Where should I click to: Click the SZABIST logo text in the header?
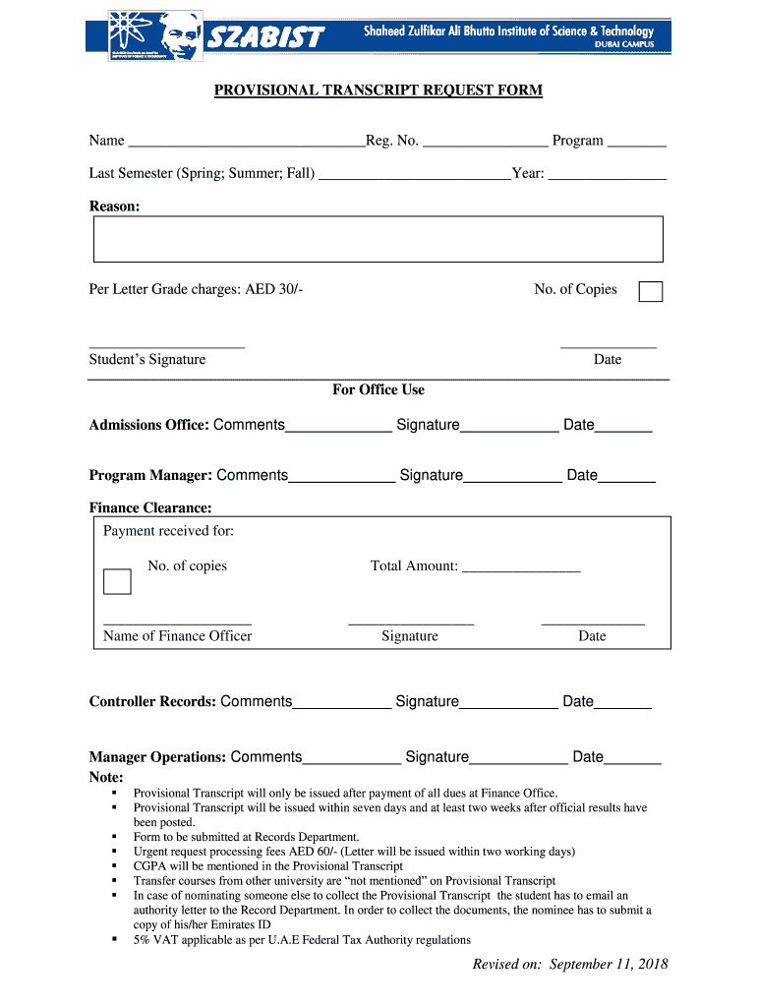[264, 37]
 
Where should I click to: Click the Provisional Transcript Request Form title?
[378, 90]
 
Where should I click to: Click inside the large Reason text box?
[378, 239]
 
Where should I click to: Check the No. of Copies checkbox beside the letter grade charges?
[650, 292]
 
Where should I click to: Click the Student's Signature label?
[147, 360]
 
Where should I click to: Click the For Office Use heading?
[378, 390]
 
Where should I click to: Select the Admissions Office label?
[148, 425]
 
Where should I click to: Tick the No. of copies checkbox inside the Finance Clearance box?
[117, 581]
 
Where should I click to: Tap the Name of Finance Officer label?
[177, 636]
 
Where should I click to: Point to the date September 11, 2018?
[609, 964]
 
